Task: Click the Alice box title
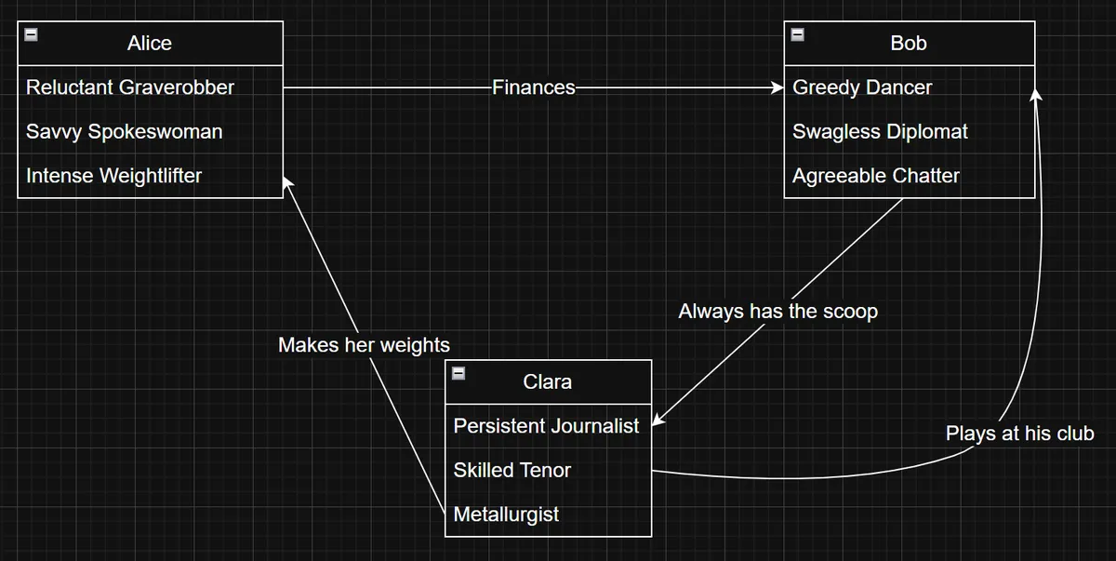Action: pyautogui.click(x=150, y=44)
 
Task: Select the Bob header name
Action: pyautogui.click(x=909, y=44)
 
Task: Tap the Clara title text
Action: pyautogui.click(x=548, y=382)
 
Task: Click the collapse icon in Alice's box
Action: pyautogui.click(x=31, y=34)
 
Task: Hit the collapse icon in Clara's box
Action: pyautogui.click(x=458, y=373)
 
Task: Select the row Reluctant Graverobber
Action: pyautogui.click(x=130, y=87)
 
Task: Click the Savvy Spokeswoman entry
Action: pyautogui.click(x=124, y=132)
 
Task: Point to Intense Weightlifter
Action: pyautogui.click(x=113, y=176)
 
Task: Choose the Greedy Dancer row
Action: pyautogui.click(x=862, y=87)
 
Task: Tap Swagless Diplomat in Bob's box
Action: pyautogui.click(x=880, y=132)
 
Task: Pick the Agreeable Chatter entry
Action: pyautogui.click(x=876, y=176)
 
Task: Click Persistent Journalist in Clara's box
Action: pyautogui.click(x=546, y=426)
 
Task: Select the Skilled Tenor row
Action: pyautogui.click(x=512, y=471)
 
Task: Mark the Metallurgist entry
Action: pyautogui.click(x=506, y=514)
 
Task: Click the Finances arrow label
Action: pyautogui.click(x=534, y=87)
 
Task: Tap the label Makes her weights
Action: pyautogui.click(x=364, y=345)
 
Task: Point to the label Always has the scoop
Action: pyautogui.click(x=777, y=312)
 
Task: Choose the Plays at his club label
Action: pyautogui.click(x=1020, y=434)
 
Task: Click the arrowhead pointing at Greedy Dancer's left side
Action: pyautogui.click(x=777, y=87)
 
